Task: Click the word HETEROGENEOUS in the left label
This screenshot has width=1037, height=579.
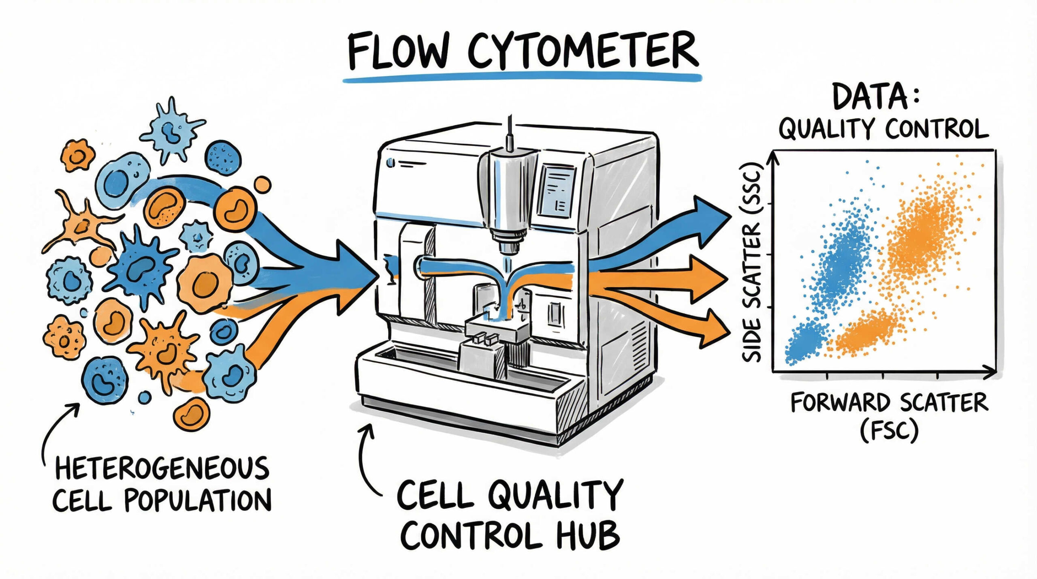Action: click(x=162, y=468)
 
